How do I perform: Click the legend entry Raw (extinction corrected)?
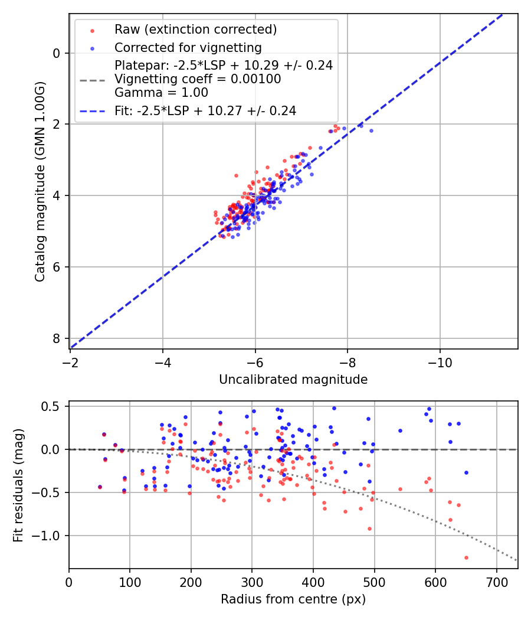click(x=195, y=30)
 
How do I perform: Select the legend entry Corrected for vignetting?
click(x=188, y=47)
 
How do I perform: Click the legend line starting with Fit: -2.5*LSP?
click(x=205, y=110)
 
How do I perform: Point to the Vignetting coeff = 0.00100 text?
click(x=198, y=79)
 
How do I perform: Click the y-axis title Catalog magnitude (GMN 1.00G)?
click(x=40, y=181)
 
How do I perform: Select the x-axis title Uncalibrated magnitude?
click(x=293, y=380)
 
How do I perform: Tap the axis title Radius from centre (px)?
click(x=293, y=599)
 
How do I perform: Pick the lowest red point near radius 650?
click(x=466, y=557)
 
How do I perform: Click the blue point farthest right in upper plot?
click(x=371, y=130)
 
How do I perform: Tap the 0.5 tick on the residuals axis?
click(x=54, y=406)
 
